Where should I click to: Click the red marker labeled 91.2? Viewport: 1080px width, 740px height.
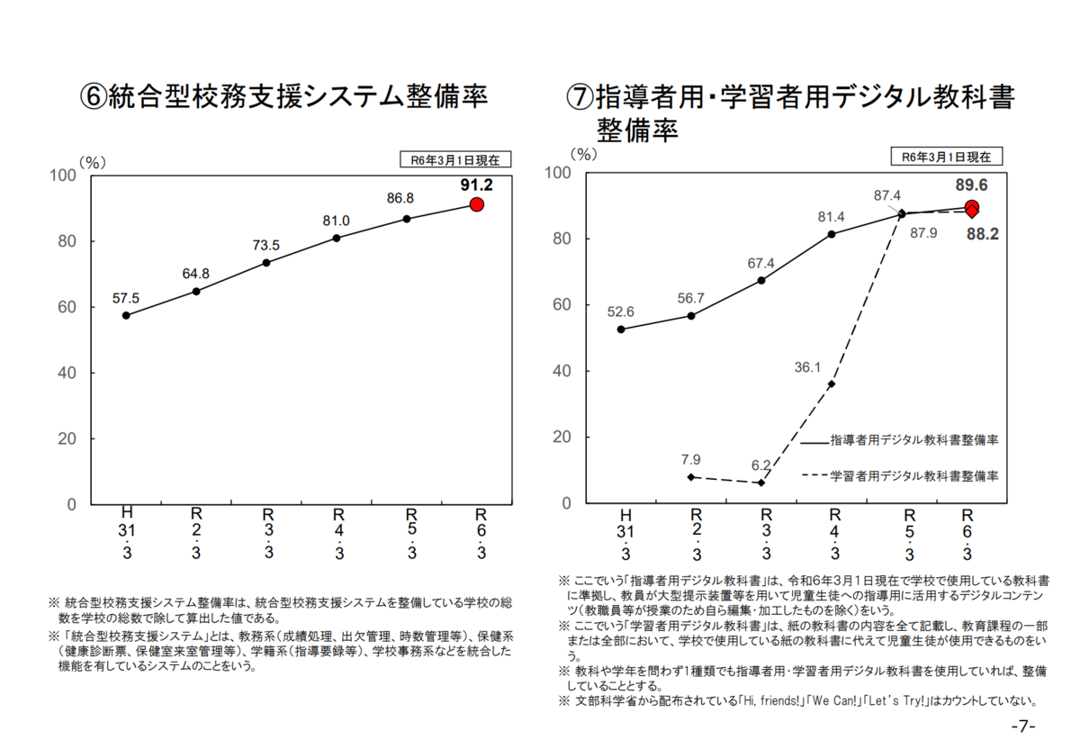[x=477, y=204]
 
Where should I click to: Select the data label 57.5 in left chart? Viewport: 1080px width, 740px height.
[x=126, y=298]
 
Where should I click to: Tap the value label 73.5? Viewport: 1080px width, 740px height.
[x=265, y=245]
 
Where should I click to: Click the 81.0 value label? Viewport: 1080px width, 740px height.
[x=337, y=221]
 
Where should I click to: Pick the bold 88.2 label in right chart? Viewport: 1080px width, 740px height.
[x=983, y=234]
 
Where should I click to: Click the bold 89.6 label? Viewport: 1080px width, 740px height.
[x=971, y=185]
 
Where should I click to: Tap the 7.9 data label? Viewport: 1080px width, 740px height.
[x=690, y=460]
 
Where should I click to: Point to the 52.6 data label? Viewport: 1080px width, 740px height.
[x=621, y=311]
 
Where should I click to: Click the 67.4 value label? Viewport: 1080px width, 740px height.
[x=760, y=263]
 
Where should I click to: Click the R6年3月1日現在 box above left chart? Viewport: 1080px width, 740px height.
[x=455, y=159]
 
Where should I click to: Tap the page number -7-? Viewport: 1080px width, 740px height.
[x=1023, y=726]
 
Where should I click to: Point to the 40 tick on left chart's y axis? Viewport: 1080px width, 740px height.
[x=67, y=373]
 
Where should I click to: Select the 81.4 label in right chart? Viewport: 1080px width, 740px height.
[x=831, y=217]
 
